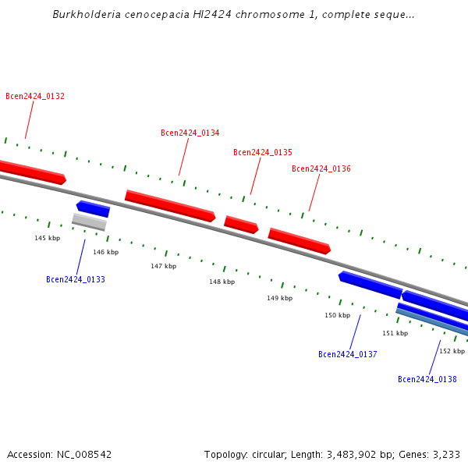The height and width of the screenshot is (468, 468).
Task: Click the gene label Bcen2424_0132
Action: (35, 97)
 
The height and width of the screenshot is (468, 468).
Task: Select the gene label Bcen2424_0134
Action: (190, 133)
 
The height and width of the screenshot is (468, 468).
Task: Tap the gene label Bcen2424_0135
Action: (263, 153)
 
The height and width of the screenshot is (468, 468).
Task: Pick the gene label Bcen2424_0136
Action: (321, 169)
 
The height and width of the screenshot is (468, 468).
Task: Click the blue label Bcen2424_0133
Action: (76, 279)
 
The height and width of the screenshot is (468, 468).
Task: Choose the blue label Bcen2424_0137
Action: (348, 355)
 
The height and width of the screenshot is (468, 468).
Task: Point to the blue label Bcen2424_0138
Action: (427, 380)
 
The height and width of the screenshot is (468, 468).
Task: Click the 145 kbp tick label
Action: (47, 238)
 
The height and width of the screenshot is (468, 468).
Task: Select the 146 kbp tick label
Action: (106, 252)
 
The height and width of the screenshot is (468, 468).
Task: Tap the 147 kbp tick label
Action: (164, 266)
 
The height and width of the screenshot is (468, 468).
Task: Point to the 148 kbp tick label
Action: (222, 282)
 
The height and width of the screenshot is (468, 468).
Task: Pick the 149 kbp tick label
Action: (280, 298)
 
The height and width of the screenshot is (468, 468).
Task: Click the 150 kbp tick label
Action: (338, 315)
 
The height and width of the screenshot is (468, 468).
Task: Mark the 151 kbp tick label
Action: (395, 333)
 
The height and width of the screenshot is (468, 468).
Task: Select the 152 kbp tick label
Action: (452, 352)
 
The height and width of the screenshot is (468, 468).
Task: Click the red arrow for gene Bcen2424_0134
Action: (170, 206)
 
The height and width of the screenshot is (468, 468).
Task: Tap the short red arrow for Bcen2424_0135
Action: (241, 225)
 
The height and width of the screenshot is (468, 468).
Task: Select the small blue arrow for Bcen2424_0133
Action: (93, 208)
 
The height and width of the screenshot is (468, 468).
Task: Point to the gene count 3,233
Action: (446, 454)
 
